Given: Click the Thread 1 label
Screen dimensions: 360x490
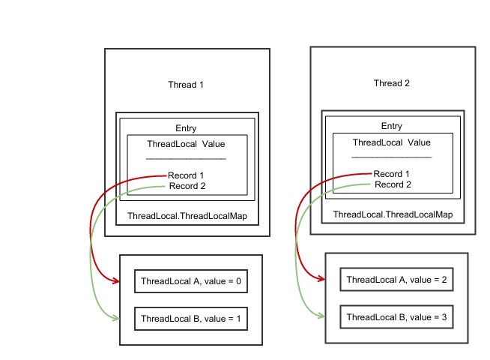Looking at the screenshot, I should pyautogui.click(x=186, y=85).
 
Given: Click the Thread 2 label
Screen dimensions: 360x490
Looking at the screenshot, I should pyautogui.click(x=392, y=83).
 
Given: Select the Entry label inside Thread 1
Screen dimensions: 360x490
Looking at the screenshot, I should pyautogui.click(x=186, y=128).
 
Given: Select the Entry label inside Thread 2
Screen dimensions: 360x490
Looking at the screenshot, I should pyautogui.click(x=392, y=126).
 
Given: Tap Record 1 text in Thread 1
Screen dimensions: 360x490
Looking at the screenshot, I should pyautogui.click(x=186, y=175).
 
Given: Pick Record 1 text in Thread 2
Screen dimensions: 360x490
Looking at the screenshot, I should pyautogui.click(x=393, y=174).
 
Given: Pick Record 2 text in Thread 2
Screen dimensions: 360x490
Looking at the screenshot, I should pyautogui.click(x=393, y=184).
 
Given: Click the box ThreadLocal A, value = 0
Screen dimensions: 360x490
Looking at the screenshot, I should pyautogui.click(x=190, y=282).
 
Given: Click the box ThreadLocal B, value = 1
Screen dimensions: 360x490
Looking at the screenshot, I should pyautogui.click(x=190, y=318).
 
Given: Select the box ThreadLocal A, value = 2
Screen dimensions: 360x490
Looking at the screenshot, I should pyautogui.click(x=396, y=280).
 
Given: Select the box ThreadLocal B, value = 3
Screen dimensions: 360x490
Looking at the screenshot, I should pyautogui.click(x=396, y=317).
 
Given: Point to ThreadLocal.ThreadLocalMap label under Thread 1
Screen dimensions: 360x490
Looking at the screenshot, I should pyautogui.click(x=187, y=216).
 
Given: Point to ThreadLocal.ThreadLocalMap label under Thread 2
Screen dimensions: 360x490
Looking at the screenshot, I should pyautogui.click(x=393, y=214).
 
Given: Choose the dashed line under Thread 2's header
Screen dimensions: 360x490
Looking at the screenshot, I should pyautogui.click(x=391, y=157).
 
